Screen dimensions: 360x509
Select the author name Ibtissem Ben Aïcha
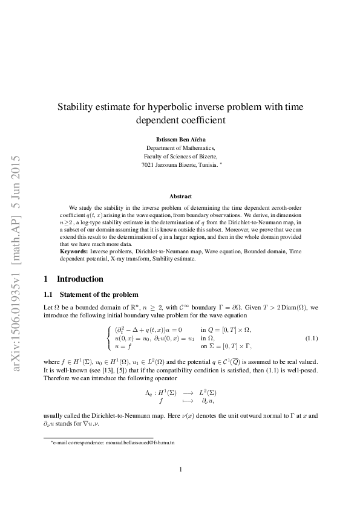tap(180, 138)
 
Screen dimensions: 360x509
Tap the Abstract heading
tap(180, 196)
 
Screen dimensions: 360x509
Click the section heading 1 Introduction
tap(74, 279)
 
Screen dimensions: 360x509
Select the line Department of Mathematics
tap(180, 148)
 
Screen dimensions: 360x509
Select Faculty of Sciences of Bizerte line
tap(180, 156)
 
